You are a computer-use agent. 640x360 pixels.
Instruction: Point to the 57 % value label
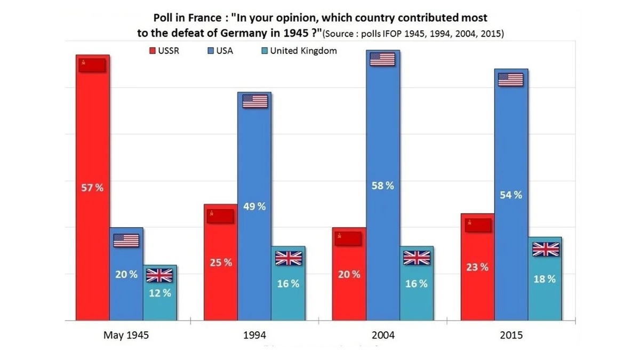(92, 188)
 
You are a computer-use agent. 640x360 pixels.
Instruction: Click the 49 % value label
(254, 206)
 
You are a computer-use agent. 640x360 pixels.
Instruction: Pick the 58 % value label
(383, 186)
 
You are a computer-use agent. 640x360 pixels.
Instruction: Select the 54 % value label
(511, 195)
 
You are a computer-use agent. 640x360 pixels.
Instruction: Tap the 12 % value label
(160, 293)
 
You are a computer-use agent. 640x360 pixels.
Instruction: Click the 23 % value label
(477, 267)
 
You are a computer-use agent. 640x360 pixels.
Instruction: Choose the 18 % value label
(545, 279)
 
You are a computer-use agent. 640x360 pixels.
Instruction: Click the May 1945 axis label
(126, 336)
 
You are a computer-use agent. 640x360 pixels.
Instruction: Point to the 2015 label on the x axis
(511, 336)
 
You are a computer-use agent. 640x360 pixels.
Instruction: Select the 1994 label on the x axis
(254, 336)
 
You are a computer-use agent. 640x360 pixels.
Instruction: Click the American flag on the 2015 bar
(510, 79)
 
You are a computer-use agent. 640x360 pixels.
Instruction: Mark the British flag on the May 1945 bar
(159, 275)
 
